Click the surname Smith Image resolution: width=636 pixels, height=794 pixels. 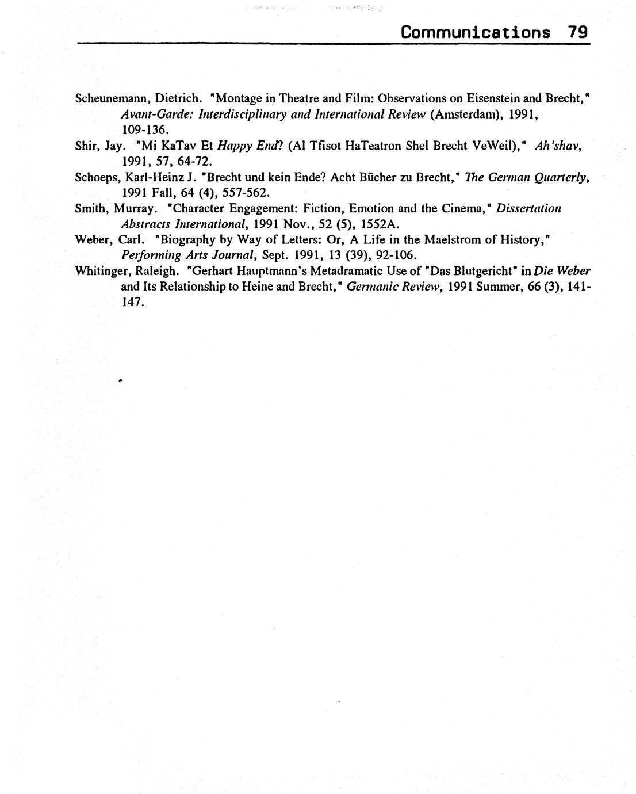[90, 208]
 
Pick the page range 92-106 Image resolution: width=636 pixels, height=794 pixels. [395, 255]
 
